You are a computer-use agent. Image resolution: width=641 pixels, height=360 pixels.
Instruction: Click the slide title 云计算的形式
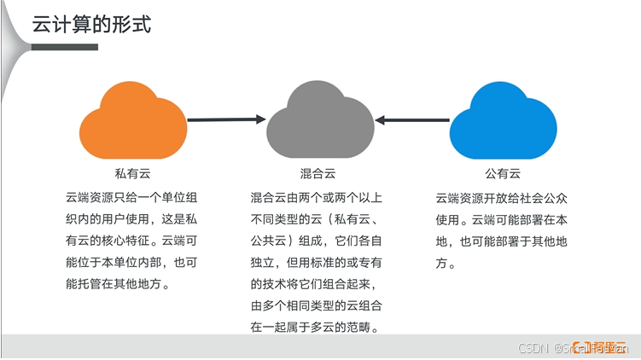[x=91, y=24]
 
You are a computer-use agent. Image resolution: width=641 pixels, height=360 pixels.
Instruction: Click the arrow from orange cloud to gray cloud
[x=226, y=119]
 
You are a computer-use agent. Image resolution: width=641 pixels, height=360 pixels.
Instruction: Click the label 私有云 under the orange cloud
[x=132, y=173]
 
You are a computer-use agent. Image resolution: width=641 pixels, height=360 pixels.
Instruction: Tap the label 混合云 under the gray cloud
[x=318, y=173]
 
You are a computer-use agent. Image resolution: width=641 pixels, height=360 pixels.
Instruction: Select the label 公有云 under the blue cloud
[x=503, y=173]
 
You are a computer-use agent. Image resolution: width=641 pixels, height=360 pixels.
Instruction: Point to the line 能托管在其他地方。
[x=117, y=284]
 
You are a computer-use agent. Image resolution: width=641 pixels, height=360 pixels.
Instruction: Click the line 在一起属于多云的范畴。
[x=314, y=328]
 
